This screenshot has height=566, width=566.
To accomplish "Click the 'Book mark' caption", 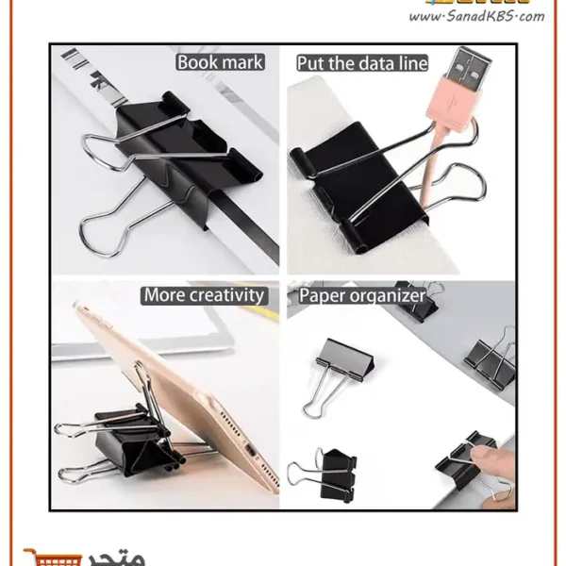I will pos(220,63).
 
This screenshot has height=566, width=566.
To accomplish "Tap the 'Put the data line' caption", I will pos(361,63).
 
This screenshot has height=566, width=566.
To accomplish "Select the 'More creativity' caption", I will pos(204,295).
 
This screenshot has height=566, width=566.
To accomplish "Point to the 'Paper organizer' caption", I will pos(361,295).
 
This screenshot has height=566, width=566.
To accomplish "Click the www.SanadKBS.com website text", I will pos(480,16).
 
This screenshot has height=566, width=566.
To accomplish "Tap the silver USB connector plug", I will pos(472,75).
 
